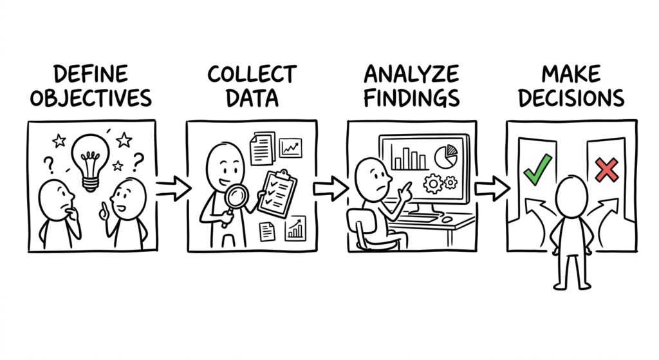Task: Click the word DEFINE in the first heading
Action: click(x=91, y=75)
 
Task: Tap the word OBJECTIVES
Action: click(x=91, y=98)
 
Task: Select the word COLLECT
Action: click(x=252, y=75)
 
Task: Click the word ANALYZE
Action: click(x=411, y=75)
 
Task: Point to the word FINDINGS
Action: click(x=411, y=98)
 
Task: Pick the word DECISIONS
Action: click(x=571, y=98)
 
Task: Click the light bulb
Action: click(x=90, y=162)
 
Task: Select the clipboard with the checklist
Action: click(x=277, y=194)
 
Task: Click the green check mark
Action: click(x=538, y=170)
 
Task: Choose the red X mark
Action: click(x=607, y=170)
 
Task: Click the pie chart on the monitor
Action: click(x=446, y=156)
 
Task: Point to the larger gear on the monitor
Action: click(x=433, y=184)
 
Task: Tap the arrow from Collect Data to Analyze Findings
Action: click(x=331, y=188)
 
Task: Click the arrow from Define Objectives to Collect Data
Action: click(x=172, y=188)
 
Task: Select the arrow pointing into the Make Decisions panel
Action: click(x=492, y=188)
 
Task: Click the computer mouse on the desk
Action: click(x=447, y=219)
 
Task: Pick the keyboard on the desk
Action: click(x=418, y=219)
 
